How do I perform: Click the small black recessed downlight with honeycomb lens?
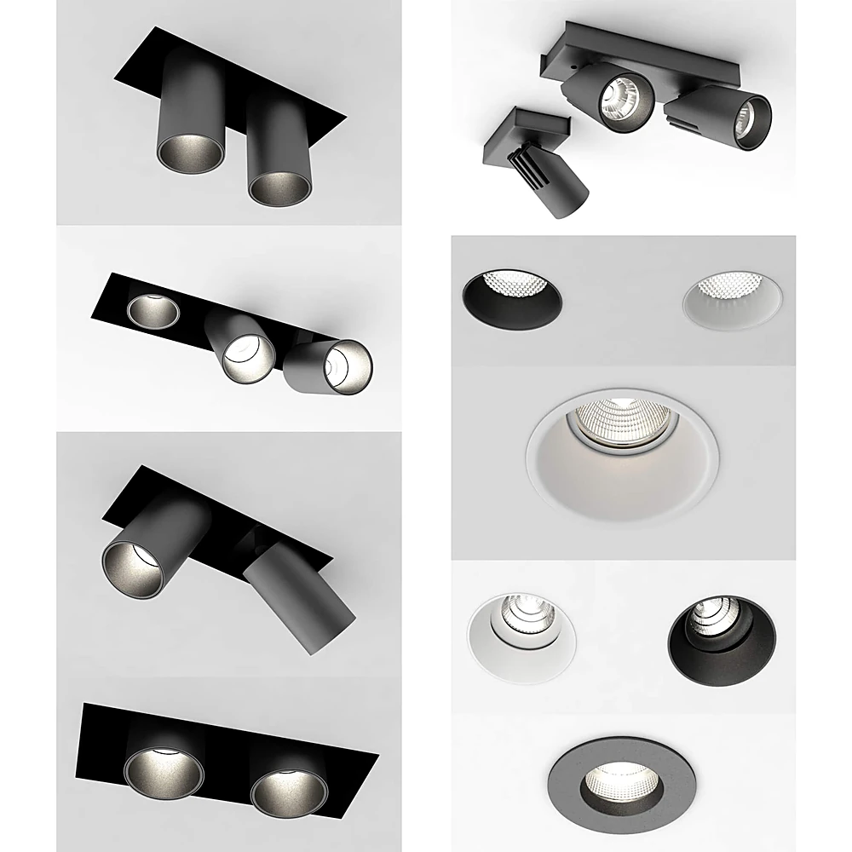[511, 299]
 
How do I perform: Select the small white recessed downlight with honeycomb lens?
[732, 299]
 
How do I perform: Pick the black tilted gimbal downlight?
[722, 630]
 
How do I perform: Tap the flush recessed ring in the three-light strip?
[153, 310]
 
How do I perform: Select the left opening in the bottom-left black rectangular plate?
[164, 772]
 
